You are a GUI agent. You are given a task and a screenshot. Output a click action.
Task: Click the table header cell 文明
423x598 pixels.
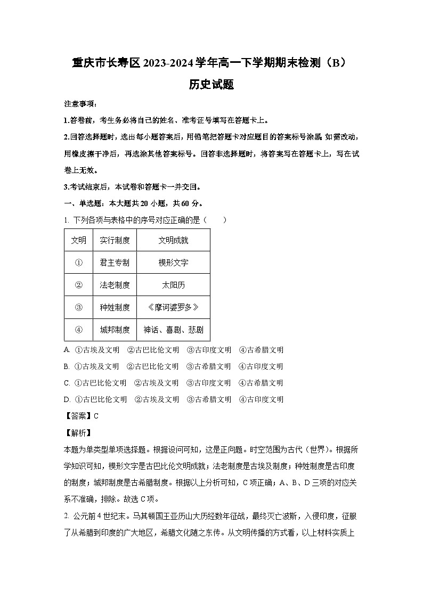pyautogui.click(x=78, y=240)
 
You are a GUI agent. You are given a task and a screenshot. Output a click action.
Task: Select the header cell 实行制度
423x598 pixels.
pyautogui.click(x=115, y=240)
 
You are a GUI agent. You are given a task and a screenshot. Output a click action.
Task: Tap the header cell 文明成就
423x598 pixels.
pyautogui.click(x=173, y=240)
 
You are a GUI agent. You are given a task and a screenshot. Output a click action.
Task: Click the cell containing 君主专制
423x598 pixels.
pyautogui.click(x=115, y=263)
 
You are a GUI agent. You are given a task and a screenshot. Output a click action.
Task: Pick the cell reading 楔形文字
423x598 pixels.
pyautogui.click(x=173, y=263)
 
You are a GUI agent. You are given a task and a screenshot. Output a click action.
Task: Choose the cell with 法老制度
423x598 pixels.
pyautogui.click(x=115, y=285)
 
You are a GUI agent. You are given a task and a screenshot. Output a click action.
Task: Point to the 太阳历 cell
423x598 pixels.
pyautogui.click(x=173, y=285)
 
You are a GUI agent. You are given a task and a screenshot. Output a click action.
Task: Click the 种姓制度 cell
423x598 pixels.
pyautogui.click(x=115, y=307)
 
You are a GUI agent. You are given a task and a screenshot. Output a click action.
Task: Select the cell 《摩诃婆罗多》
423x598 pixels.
pyautogui.click(x=173, y=307)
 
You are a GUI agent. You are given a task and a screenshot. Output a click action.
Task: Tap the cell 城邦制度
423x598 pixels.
pyautogui.click(x=115, y=330)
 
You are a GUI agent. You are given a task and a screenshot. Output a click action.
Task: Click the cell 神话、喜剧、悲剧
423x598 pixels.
pyautogui.click(x=173, y=330)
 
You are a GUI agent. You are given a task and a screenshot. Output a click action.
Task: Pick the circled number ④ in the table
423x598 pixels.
pyautogui.click(x=78, y=330)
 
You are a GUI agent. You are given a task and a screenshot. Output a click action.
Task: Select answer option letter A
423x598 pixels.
pyautogui.click(x=67, y=350)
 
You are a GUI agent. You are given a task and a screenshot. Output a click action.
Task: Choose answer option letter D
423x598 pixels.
pyautogui.click(x=67, y=399)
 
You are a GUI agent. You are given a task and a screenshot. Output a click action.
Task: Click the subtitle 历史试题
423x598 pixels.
pyautogui.click(x=211, y=85)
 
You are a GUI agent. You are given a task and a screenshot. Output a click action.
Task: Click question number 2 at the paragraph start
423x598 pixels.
pyautogui.click(x=66, y=515)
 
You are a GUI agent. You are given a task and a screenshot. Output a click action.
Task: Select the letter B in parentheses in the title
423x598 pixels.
pyautogui.click(x=336, y=63)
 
